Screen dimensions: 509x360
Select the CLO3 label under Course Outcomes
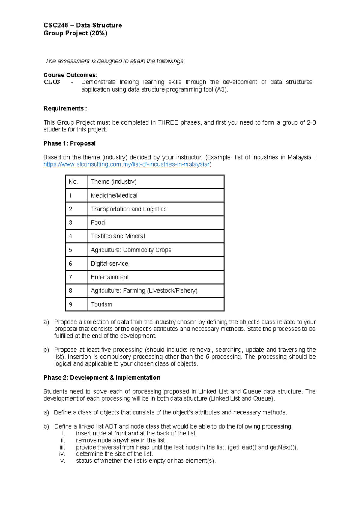pyautogui.click(x=52, y=82)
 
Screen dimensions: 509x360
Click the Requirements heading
pyautogui.click(x=65, y=109)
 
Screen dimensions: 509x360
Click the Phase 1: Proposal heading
pyautogui.click(x=69, y=143)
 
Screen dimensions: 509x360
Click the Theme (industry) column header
pyautogui.click(x=114, y=182)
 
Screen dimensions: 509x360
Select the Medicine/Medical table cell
pyautogui.click(x=114, y=196)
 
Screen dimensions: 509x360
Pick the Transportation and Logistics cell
pyautogui.click(x=128, y=209)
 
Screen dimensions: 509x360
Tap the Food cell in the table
pyautogui.click(x=98, y=223)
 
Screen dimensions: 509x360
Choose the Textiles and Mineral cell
pyautogui.click(x=118, y=236)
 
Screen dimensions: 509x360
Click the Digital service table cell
pyautogui.click(x=109, y=264)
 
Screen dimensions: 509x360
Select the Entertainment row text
pyautogui.click(x=109, y=277)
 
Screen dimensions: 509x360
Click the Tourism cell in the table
pyautogui.click(x=101, y=304)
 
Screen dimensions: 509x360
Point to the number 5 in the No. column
pyautogui.click(x=70, y=250)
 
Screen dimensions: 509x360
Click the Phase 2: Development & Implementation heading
pyautogui.click(x=102, y=378)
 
